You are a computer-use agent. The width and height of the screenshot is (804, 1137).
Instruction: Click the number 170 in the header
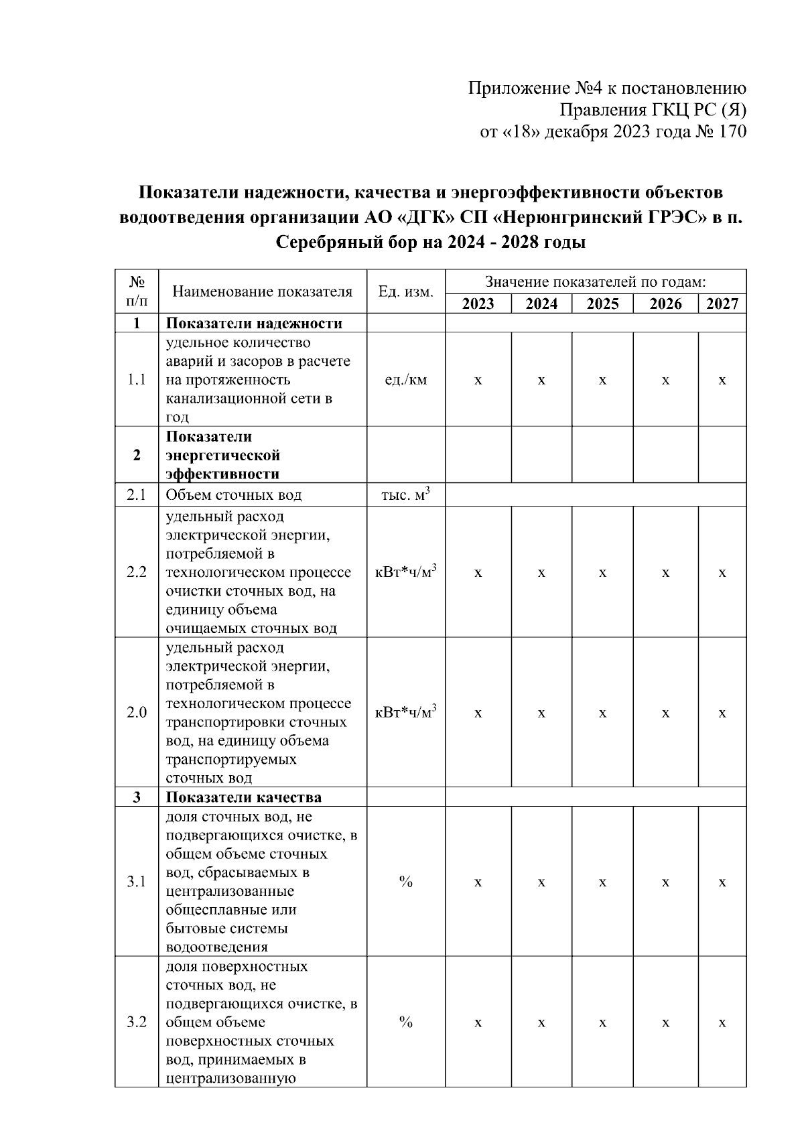(732, 132)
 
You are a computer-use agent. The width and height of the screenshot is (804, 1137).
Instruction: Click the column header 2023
(478, 304)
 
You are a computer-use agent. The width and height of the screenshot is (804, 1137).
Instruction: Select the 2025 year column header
(602, 304)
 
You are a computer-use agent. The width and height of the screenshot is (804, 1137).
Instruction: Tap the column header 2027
(722, 304)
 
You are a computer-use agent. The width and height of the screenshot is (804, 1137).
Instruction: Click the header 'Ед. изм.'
(405, 292)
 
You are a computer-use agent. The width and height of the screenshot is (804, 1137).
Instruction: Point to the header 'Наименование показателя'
(262, 292)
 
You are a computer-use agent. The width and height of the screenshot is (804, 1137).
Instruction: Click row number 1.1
(137, 380)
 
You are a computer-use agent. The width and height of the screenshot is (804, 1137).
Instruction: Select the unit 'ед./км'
(405, 380)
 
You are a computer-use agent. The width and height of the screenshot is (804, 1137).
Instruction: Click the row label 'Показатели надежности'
(254, 324)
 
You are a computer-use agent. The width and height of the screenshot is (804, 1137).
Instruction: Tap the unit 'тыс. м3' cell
(405, 495)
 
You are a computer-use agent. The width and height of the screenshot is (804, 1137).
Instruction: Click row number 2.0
(137, 712)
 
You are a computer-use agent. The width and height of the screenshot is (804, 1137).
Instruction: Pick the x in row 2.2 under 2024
(541, 573)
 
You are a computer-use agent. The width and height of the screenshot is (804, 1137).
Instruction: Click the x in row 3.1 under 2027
(722, 882)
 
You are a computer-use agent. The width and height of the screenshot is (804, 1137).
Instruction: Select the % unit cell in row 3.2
(405, 1022)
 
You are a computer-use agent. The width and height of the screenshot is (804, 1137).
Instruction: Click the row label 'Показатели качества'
(244, 797)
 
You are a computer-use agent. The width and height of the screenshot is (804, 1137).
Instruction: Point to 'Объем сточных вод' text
(234, 495)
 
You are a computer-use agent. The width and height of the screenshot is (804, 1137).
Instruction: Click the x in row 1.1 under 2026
(665, 380)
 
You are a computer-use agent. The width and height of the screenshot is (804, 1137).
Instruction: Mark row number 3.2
(137, 1022)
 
